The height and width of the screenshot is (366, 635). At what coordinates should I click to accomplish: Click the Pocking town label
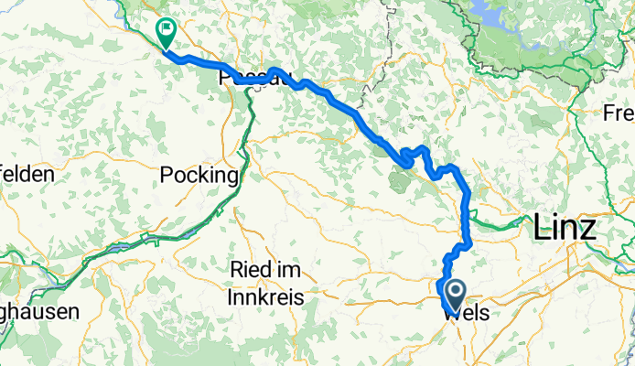[x=199, y=175]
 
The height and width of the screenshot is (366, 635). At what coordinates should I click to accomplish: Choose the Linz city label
[x=564, y=227]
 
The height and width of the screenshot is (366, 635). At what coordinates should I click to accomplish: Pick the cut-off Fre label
[x=619, y=113]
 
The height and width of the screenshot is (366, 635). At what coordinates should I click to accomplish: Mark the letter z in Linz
[x=588, y=229]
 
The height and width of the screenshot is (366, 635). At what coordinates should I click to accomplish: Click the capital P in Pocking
[x=165, y=175]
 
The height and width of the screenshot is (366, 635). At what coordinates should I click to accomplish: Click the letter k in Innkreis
[x=261, y=297]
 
